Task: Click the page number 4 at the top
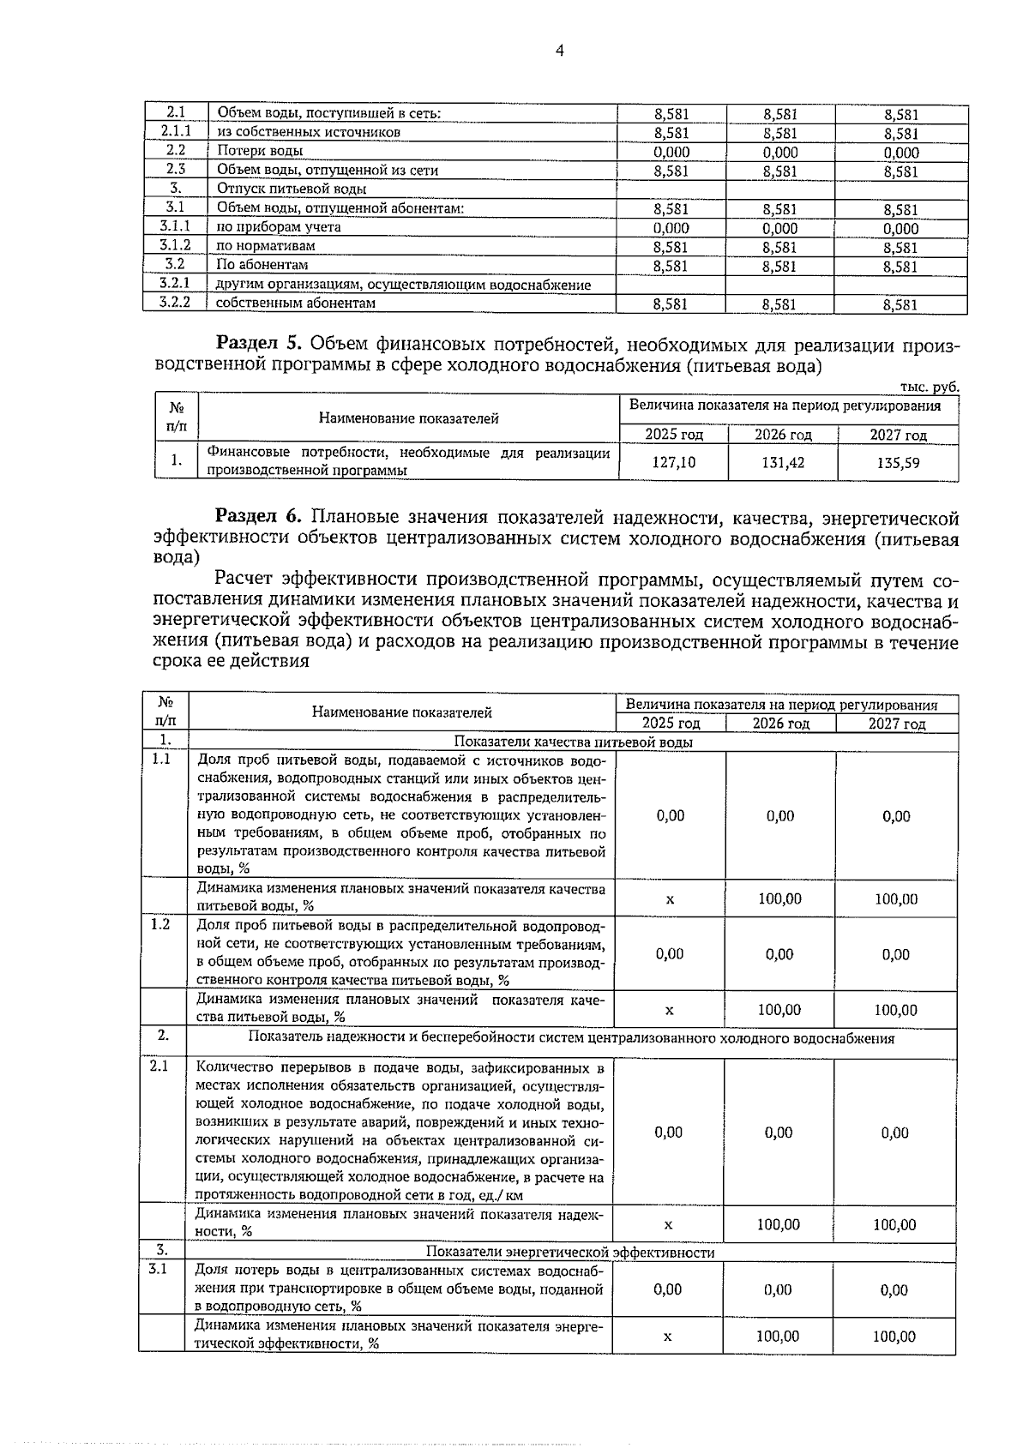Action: [559, 51]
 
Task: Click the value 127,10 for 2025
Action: [673, 462]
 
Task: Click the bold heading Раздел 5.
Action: [259, 345]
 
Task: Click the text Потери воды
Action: [259, 151]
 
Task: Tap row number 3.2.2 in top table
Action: [175, 303]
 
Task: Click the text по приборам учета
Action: [278, 227]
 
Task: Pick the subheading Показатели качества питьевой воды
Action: [573, 742]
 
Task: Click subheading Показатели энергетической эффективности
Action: [569, 1252]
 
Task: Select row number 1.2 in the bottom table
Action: [160, 924]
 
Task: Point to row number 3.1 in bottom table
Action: [158, 1268]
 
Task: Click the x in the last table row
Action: [667, 1336]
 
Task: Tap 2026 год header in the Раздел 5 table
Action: [782, 435]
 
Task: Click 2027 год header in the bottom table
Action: [896, 724]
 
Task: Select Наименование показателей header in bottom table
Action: [401, 712]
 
